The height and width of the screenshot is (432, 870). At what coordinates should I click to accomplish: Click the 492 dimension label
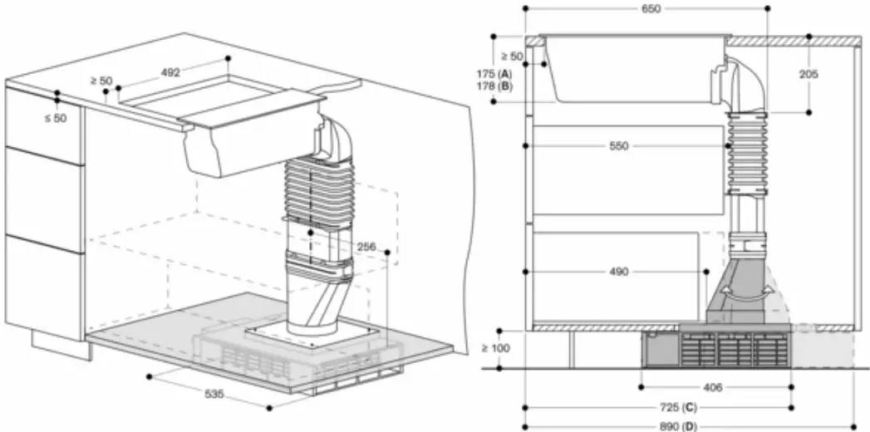coord(170,72)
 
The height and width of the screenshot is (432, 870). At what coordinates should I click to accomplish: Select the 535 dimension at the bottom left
coord(214,394)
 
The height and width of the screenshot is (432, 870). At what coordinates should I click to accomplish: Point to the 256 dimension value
coord(367,248)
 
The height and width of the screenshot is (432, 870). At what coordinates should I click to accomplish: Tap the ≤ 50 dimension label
coord(55,119)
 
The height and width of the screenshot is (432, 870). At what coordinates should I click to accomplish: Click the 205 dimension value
coord(809,74)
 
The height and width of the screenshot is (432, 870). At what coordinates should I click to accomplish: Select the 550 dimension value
coord(618,145)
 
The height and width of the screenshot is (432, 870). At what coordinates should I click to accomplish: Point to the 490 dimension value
coord(618,271)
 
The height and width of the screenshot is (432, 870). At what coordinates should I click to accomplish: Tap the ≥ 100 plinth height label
coord(495,347)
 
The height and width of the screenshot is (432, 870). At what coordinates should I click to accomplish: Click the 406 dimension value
coord(712,387)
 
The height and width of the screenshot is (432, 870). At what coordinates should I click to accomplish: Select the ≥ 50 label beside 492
coord(101,81)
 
